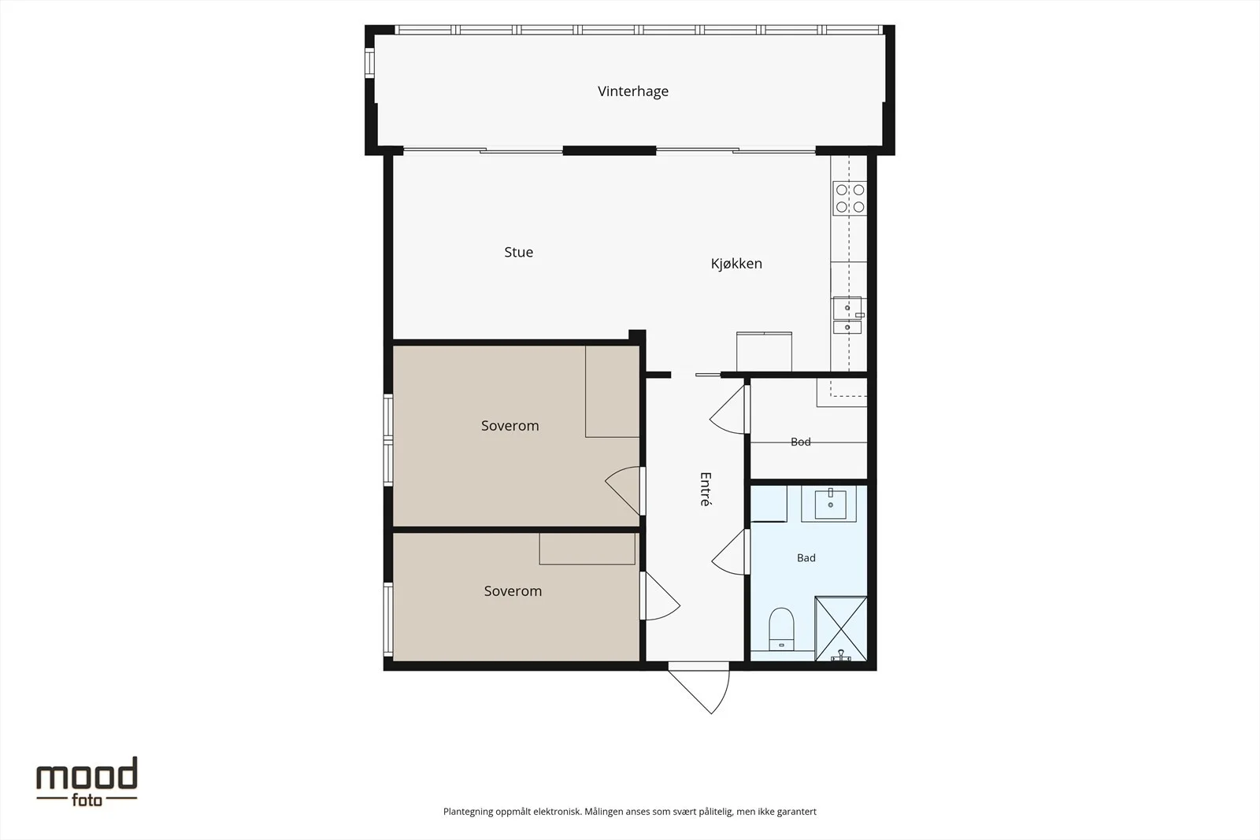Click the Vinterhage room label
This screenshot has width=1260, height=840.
coord(633,91)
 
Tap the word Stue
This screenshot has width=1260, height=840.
coord(519,252)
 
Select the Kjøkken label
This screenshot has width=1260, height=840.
coord(736,264)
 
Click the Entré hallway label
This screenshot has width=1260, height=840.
coord(706,489)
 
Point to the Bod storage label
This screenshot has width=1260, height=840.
coord(800,442)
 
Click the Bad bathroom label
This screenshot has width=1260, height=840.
coord(806,557)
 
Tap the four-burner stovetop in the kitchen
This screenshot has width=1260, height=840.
coord(850,198)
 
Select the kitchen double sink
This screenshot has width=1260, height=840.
coord(847,316)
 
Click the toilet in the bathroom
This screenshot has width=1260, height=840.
coord(781,628)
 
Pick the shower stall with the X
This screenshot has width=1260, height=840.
coord(841,628)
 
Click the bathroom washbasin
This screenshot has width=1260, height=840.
coord(830,504)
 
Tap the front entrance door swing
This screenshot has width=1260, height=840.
coord(699,688)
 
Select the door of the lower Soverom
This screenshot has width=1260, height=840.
coord(660,596)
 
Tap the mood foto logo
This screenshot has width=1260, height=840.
coord(87,782)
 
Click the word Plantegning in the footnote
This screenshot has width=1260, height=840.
coord(468,812)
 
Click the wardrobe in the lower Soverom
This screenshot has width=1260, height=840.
coord(587,549)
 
